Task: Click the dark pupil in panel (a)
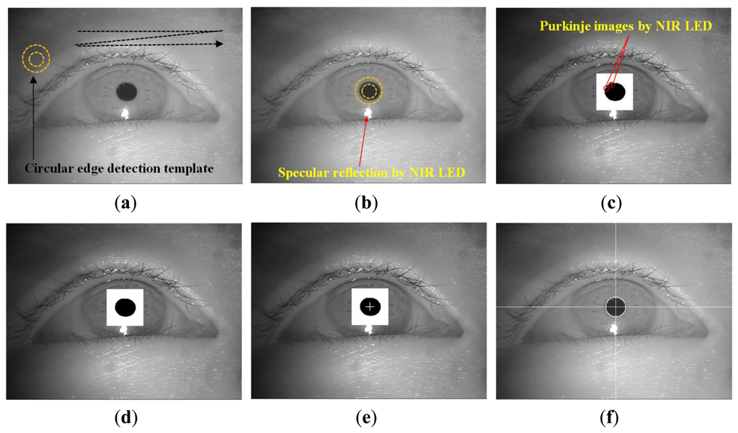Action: click(x=127, y=91)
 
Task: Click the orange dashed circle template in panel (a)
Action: click(x=36, y=59)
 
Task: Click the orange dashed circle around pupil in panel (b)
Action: click(x=369, y=91)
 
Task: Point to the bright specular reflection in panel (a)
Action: click(x=125, y=114)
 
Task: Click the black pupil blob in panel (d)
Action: click(x=125, y=307)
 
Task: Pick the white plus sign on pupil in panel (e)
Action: click(x=370, y=307)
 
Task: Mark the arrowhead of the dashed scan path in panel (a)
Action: click(x=219, y=43)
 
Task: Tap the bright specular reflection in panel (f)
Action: click(x=614, y=329)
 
